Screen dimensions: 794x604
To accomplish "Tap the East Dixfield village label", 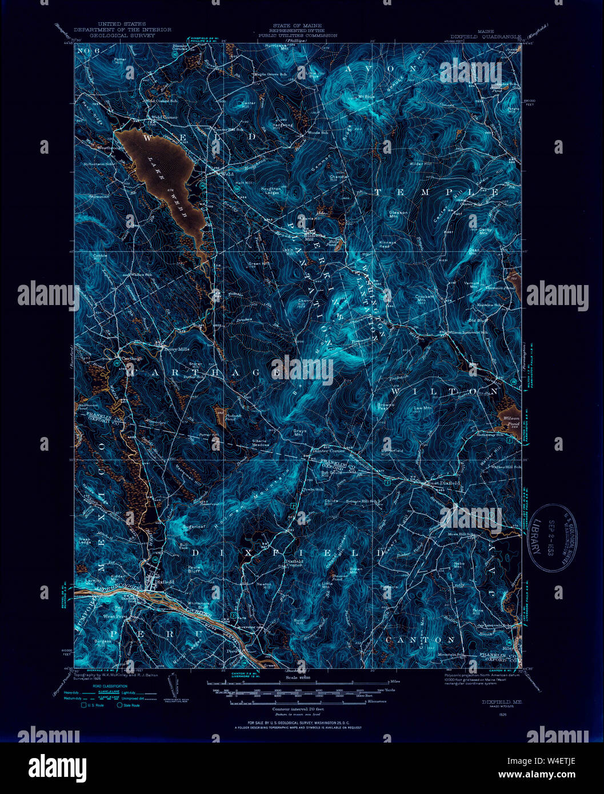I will [x=444, y=483].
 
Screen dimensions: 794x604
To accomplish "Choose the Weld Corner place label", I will [x=164, y=117].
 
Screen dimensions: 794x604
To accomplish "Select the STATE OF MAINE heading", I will [x=297, y=26].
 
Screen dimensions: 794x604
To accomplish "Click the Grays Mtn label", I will [x=299, y=434].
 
